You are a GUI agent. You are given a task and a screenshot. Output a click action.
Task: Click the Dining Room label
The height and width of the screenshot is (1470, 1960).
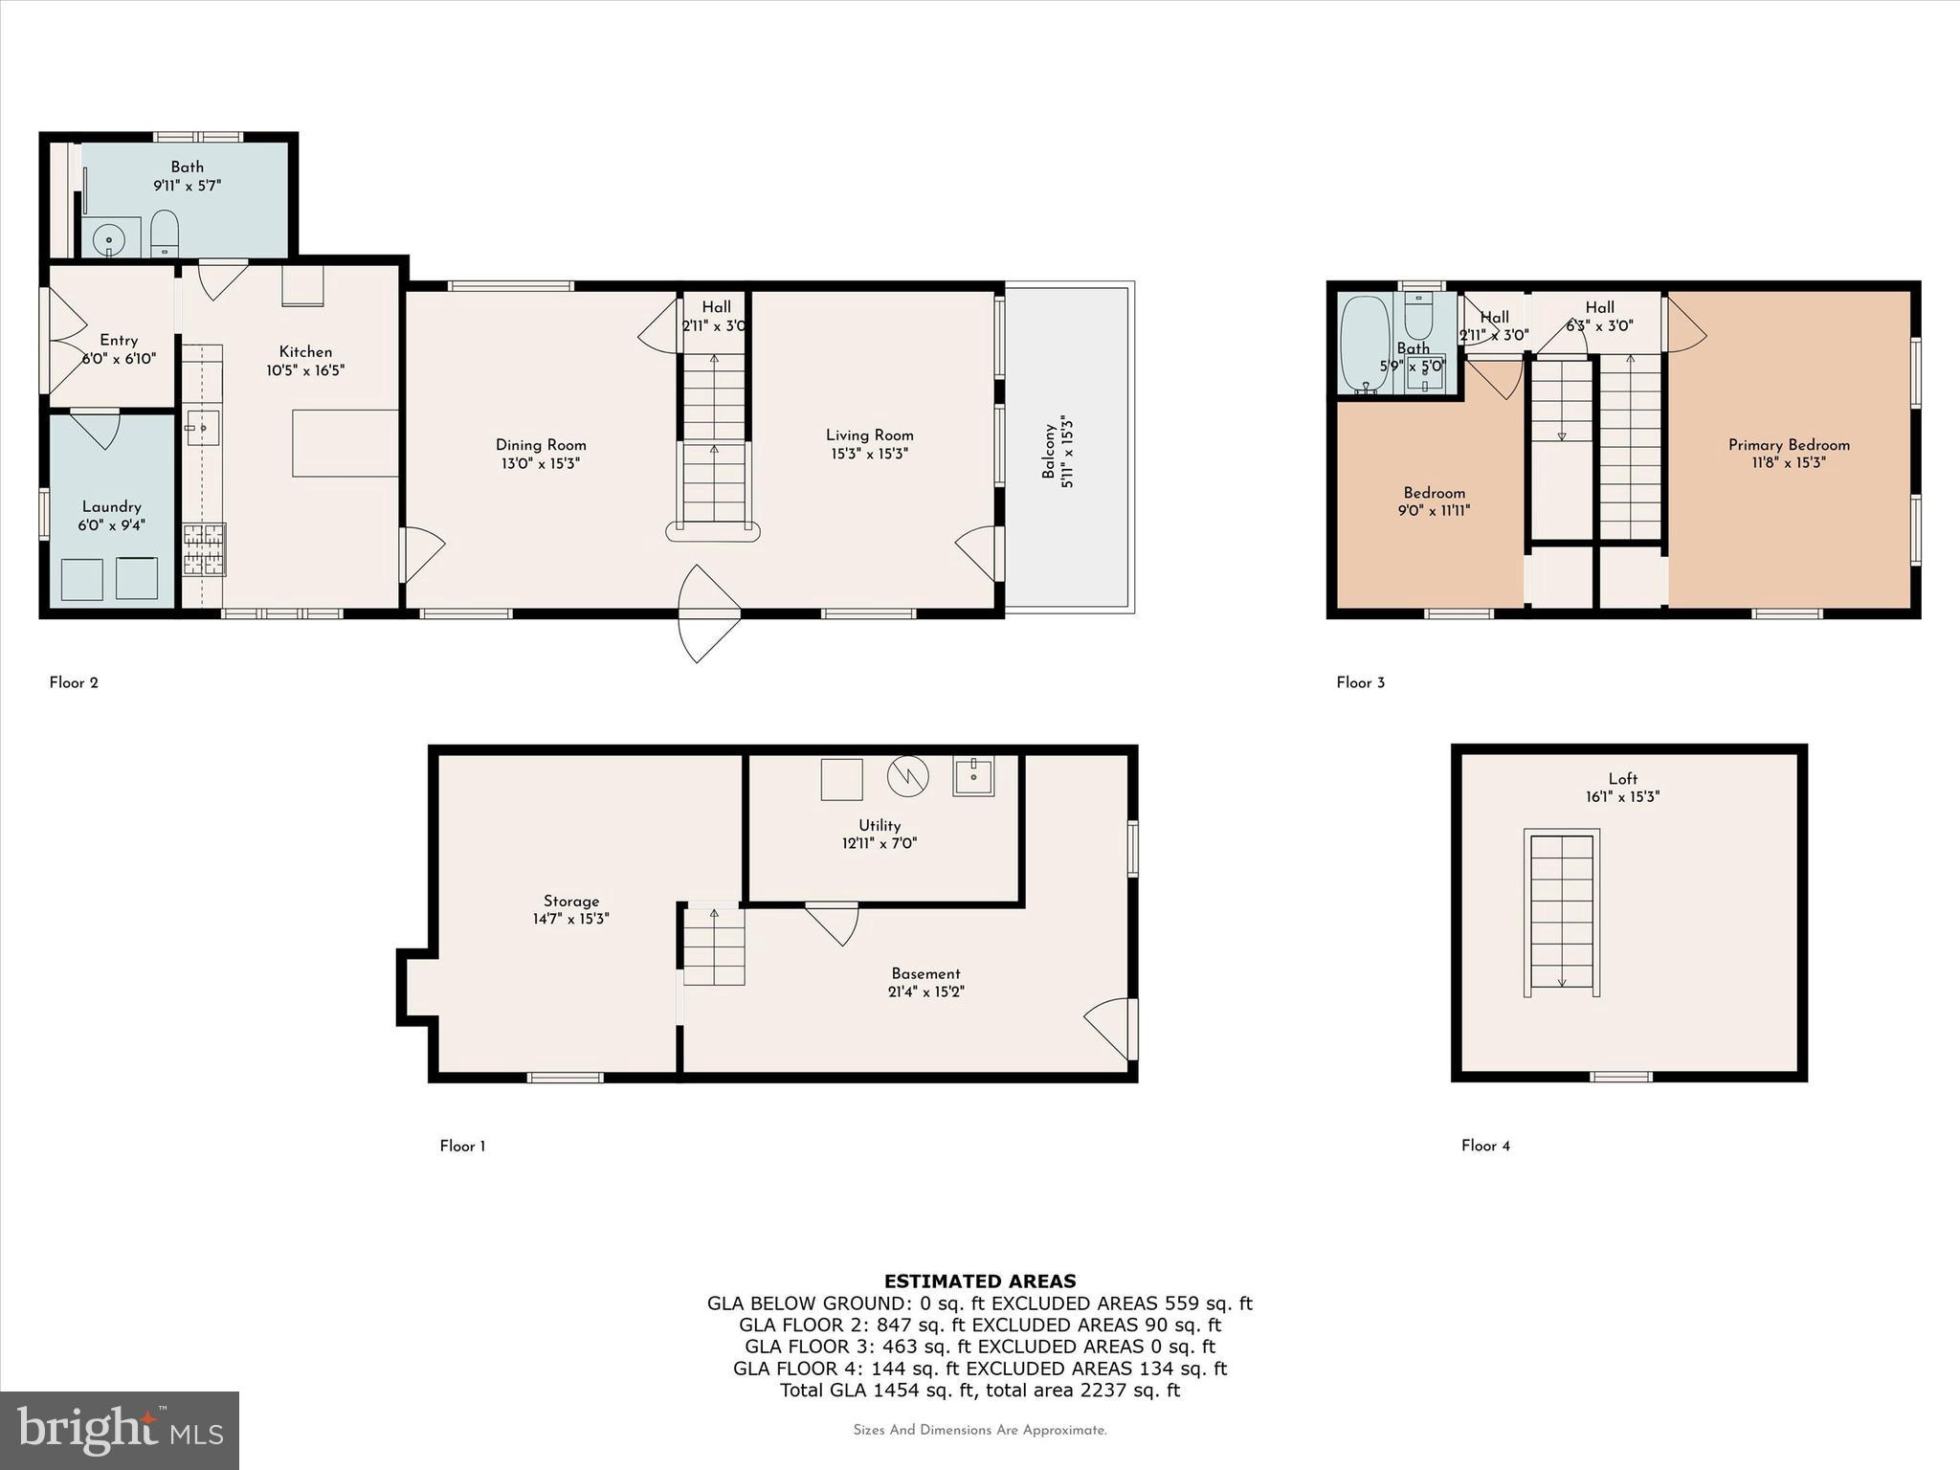[541, 445]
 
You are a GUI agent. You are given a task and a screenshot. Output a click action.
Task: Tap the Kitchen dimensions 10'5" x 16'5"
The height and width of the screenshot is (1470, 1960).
[305, 370]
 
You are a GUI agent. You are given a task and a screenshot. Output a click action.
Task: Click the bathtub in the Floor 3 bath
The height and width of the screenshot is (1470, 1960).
[1364, 345]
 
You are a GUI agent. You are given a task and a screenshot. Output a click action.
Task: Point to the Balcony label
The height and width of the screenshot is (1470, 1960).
[1050, 451]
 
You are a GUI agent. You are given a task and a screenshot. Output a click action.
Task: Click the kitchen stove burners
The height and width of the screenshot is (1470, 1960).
[205, 549]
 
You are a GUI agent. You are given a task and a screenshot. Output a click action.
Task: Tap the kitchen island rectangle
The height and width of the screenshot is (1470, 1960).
[345, 443]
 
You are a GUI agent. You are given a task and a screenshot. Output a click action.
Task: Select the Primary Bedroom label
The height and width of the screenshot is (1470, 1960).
[1788, 445]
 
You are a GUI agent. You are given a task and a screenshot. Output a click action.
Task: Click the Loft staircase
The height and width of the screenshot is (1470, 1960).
[1561, 913]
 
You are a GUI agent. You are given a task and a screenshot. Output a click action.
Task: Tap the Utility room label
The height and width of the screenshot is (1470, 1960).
[879, 825]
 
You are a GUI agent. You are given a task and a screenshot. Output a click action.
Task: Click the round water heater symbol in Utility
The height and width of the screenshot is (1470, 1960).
[907, 776]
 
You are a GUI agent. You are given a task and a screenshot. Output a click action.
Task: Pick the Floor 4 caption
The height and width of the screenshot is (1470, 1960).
[1485, 1146]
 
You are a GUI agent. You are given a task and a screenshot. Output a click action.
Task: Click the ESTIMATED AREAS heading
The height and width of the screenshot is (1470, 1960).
[979, 1281]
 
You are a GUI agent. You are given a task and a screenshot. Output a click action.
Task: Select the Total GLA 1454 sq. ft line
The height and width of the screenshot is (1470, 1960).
[979, 1391]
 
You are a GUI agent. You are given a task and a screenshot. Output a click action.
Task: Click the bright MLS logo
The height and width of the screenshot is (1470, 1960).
[120, 1430]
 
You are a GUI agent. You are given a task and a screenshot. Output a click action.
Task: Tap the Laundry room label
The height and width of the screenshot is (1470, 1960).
[112, 507]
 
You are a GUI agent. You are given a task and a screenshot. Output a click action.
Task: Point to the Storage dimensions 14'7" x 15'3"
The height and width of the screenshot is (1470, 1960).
[570, 919]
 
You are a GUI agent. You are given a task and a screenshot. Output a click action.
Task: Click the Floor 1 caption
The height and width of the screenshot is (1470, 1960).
[462, 1147]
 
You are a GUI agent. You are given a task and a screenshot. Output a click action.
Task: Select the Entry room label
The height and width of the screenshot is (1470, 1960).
[119, 341]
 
